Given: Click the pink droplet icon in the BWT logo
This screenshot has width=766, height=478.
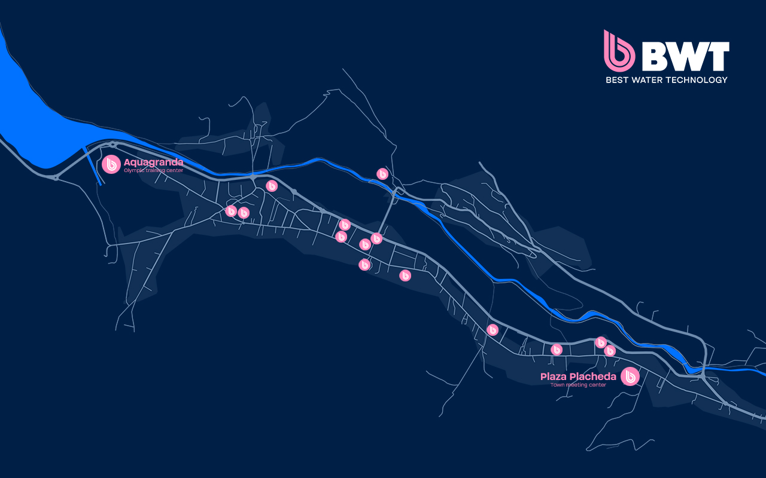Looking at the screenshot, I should pos(619,50).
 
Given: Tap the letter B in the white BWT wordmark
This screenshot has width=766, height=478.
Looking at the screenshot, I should pos(653,57).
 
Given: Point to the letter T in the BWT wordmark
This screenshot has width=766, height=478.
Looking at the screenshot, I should pos(718,57).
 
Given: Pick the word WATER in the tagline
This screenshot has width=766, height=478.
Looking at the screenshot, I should pos(649,80).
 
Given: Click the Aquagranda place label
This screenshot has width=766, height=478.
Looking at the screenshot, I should pos(153,162).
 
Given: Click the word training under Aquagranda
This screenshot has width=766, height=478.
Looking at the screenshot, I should pos(154,170).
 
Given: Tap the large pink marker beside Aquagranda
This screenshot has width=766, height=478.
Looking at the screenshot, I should pos(111,164).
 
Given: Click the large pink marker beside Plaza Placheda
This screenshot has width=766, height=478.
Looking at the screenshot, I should pos(630,376).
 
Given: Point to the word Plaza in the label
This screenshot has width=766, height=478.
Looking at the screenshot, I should pos(553,376).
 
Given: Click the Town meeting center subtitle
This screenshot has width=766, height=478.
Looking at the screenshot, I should pos(578,385).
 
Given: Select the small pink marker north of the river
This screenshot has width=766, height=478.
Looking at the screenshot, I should pos(382,174).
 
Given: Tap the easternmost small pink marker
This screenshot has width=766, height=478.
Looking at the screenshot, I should pos(610,351).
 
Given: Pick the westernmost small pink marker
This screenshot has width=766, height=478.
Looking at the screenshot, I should pos(231,211).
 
